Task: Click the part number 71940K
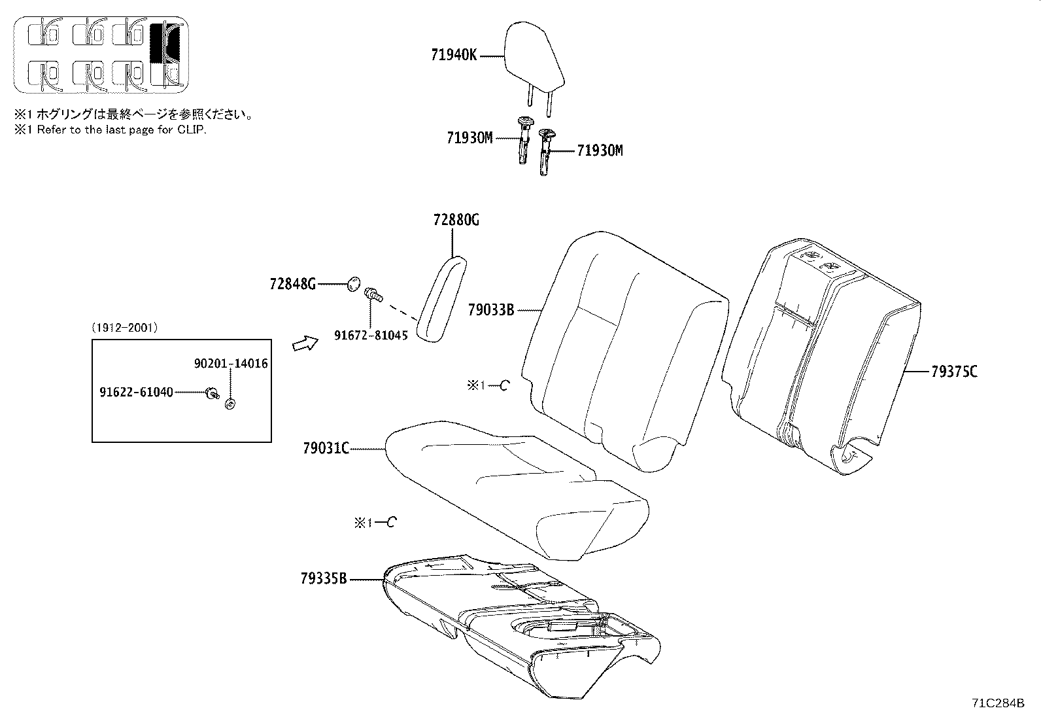[x=454, y=56]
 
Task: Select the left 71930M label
[x=469, y=138]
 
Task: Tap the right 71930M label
[x=600, y=151]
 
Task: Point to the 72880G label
[x=456, y=220]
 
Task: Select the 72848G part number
[x=292, y=284]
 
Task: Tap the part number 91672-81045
[x=371, y=336]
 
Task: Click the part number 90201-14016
[x=231, y=364]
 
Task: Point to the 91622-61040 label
[x=136, y=392]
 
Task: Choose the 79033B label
[x=491, y=309]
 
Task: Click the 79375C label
[x=954, y=372]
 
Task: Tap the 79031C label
[x=326, y=448]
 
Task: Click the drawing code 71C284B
[x=998, y=703]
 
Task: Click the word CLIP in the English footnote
[x=192, y=130]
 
